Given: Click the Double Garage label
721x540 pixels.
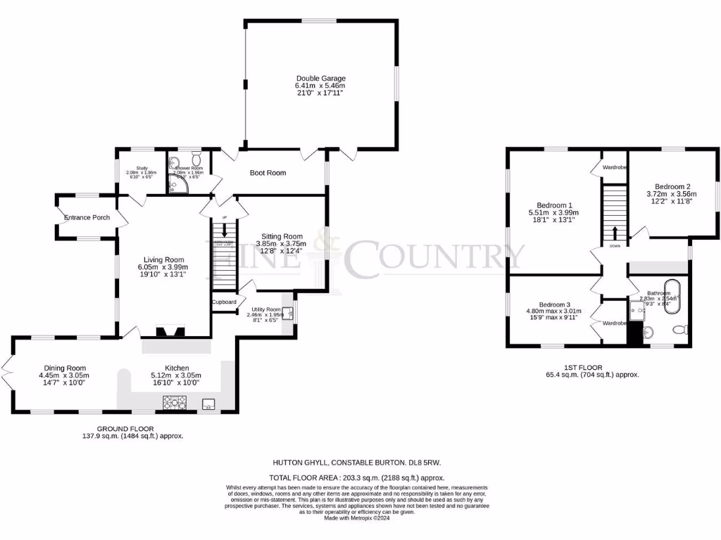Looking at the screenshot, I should coord(320,78).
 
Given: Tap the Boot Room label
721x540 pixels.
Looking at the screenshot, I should coord(268,172).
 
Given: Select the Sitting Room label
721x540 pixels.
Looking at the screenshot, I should coord(282,236).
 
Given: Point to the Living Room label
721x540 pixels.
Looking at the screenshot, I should coord(165,259).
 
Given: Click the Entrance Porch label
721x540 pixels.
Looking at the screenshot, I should coord(87,217).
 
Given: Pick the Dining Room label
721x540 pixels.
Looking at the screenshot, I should coord(64,368).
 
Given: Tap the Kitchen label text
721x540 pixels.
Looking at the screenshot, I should coord(177,368).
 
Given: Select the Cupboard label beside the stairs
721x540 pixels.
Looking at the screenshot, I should coord(224,302).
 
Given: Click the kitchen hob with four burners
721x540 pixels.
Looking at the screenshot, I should coord(174,403).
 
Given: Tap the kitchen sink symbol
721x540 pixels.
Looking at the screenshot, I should coord(208,404).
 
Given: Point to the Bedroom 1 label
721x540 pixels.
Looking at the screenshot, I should coord(550,205).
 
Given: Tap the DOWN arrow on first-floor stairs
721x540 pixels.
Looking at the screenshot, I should coord(615,235).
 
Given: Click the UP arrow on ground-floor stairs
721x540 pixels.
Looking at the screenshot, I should coord(225,230).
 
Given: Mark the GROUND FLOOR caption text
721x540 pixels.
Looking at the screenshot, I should coord(126,428).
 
